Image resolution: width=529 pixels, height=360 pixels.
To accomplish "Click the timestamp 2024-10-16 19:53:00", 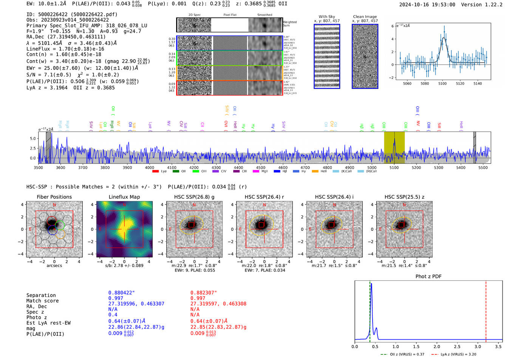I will pos(427,5).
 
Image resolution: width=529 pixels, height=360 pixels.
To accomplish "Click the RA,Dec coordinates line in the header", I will pos(66,37).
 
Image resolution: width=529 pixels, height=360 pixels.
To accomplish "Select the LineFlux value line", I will pos(65,49).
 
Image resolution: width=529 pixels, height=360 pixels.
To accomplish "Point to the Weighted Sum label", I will pos(290,24).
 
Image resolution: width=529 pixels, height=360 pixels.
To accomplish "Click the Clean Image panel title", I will pos(365,17).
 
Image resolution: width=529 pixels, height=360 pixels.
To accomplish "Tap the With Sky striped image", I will pos(327,56).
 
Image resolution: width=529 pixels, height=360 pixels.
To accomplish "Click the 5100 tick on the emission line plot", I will pos(442,83).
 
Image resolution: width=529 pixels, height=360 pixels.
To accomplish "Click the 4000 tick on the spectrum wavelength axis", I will pos(150,167).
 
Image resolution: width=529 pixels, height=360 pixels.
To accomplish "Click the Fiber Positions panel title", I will pos(54,197).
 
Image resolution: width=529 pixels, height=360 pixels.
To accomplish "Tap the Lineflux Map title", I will pos(124,197).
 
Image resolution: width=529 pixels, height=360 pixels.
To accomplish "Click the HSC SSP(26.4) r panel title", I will pos(264,197).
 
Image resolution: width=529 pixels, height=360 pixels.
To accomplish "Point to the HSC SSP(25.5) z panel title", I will pos(404,197).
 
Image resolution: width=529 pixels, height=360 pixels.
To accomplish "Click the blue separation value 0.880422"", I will pos(121,293).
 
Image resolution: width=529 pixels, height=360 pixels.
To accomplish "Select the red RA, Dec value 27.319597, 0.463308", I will pos(218,304).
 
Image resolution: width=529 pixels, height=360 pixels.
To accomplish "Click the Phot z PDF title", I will pos(428,277).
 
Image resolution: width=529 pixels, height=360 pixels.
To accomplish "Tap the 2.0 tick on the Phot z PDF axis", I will pos(437,346).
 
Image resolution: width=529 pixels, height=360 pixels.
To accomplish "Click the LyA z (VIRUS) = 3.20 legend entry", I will pos(458,354).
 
